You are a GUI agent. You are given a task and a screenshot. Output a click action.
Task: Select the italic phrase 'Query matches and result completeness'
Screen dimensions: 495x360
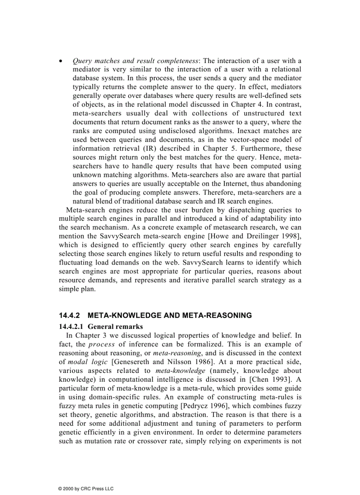point(135,61)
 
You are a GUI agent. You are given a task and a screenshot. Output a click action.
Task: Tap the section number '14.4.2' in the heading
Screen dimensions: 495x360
point(70,316)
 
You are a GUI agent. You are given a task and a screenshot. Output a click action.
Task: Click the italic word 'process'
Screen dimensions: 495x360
point(102,344)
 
